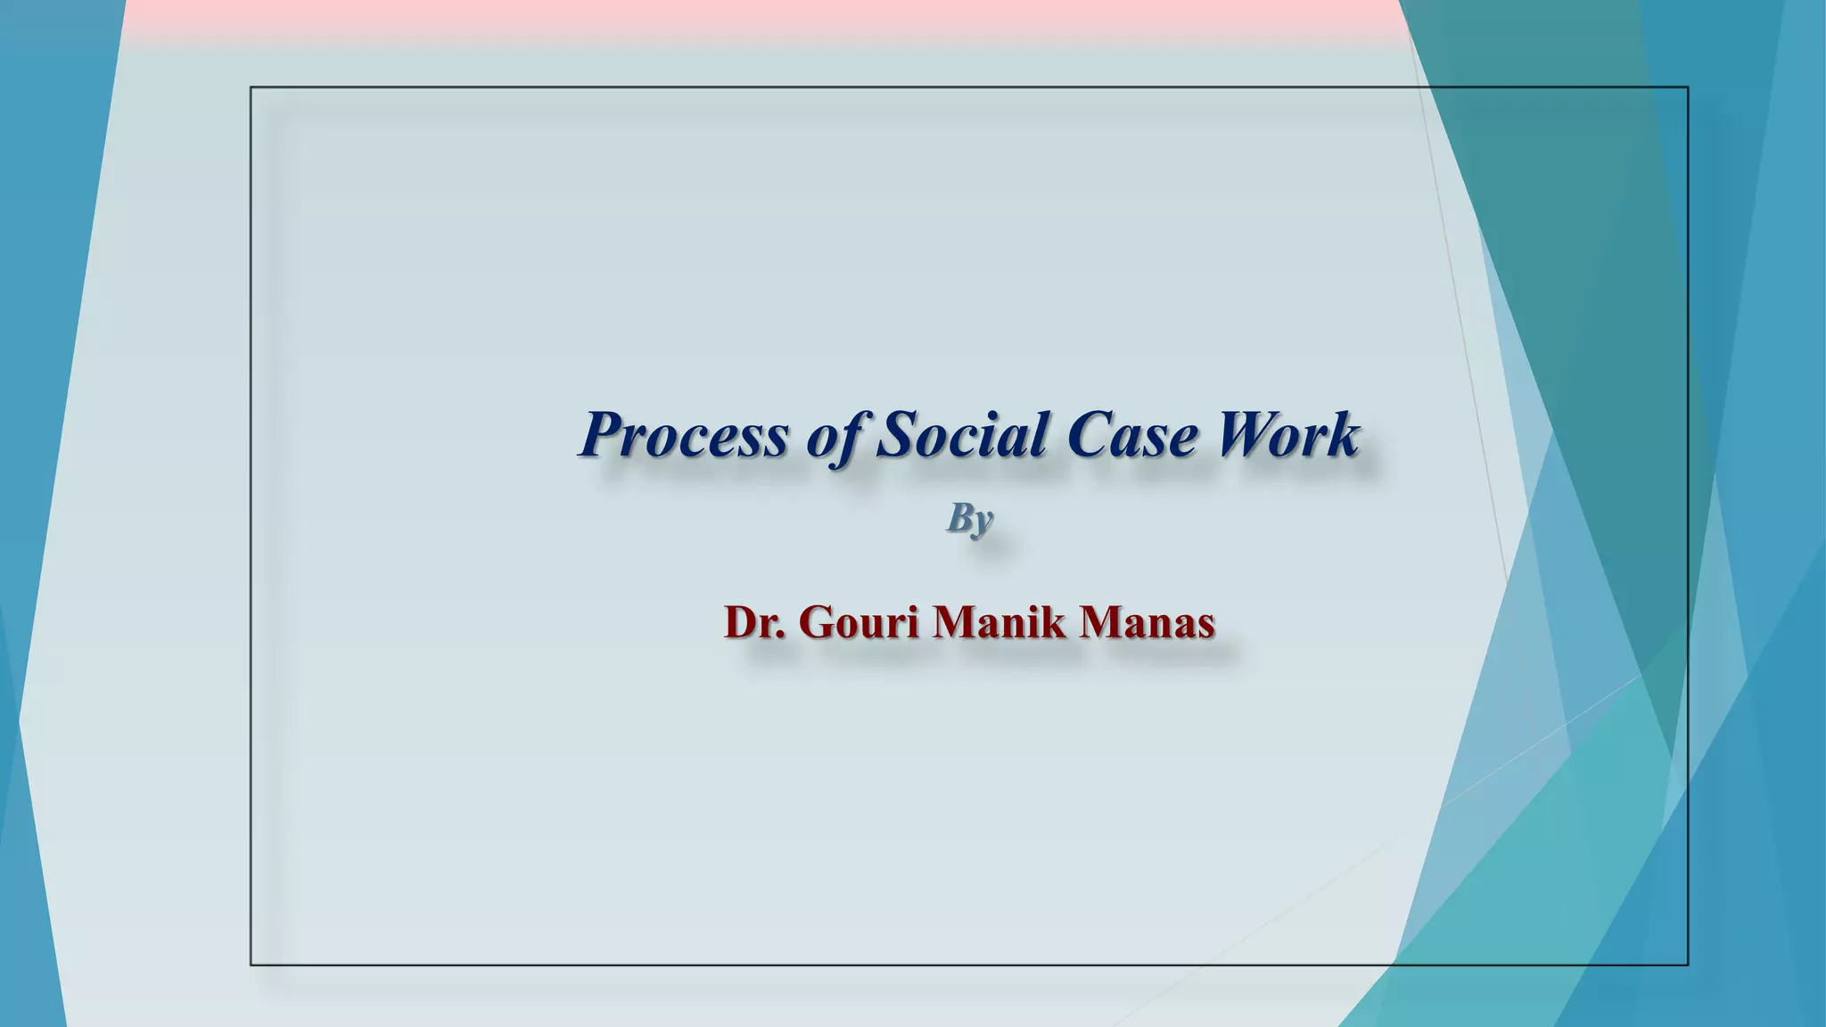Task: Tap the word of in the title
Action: (835, 437)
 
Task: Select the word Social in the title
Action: (961, 435)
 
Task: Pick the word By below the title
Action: (969, 518)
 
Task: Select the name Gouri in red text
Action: (859, 621)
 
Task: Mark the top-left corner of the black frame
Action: (251, 87)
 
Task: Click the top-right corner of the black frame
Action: (1688, 87)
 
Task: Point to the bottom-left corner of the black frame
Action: (251, 965)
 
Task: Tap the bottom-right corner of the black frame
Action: (1688, 965)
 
